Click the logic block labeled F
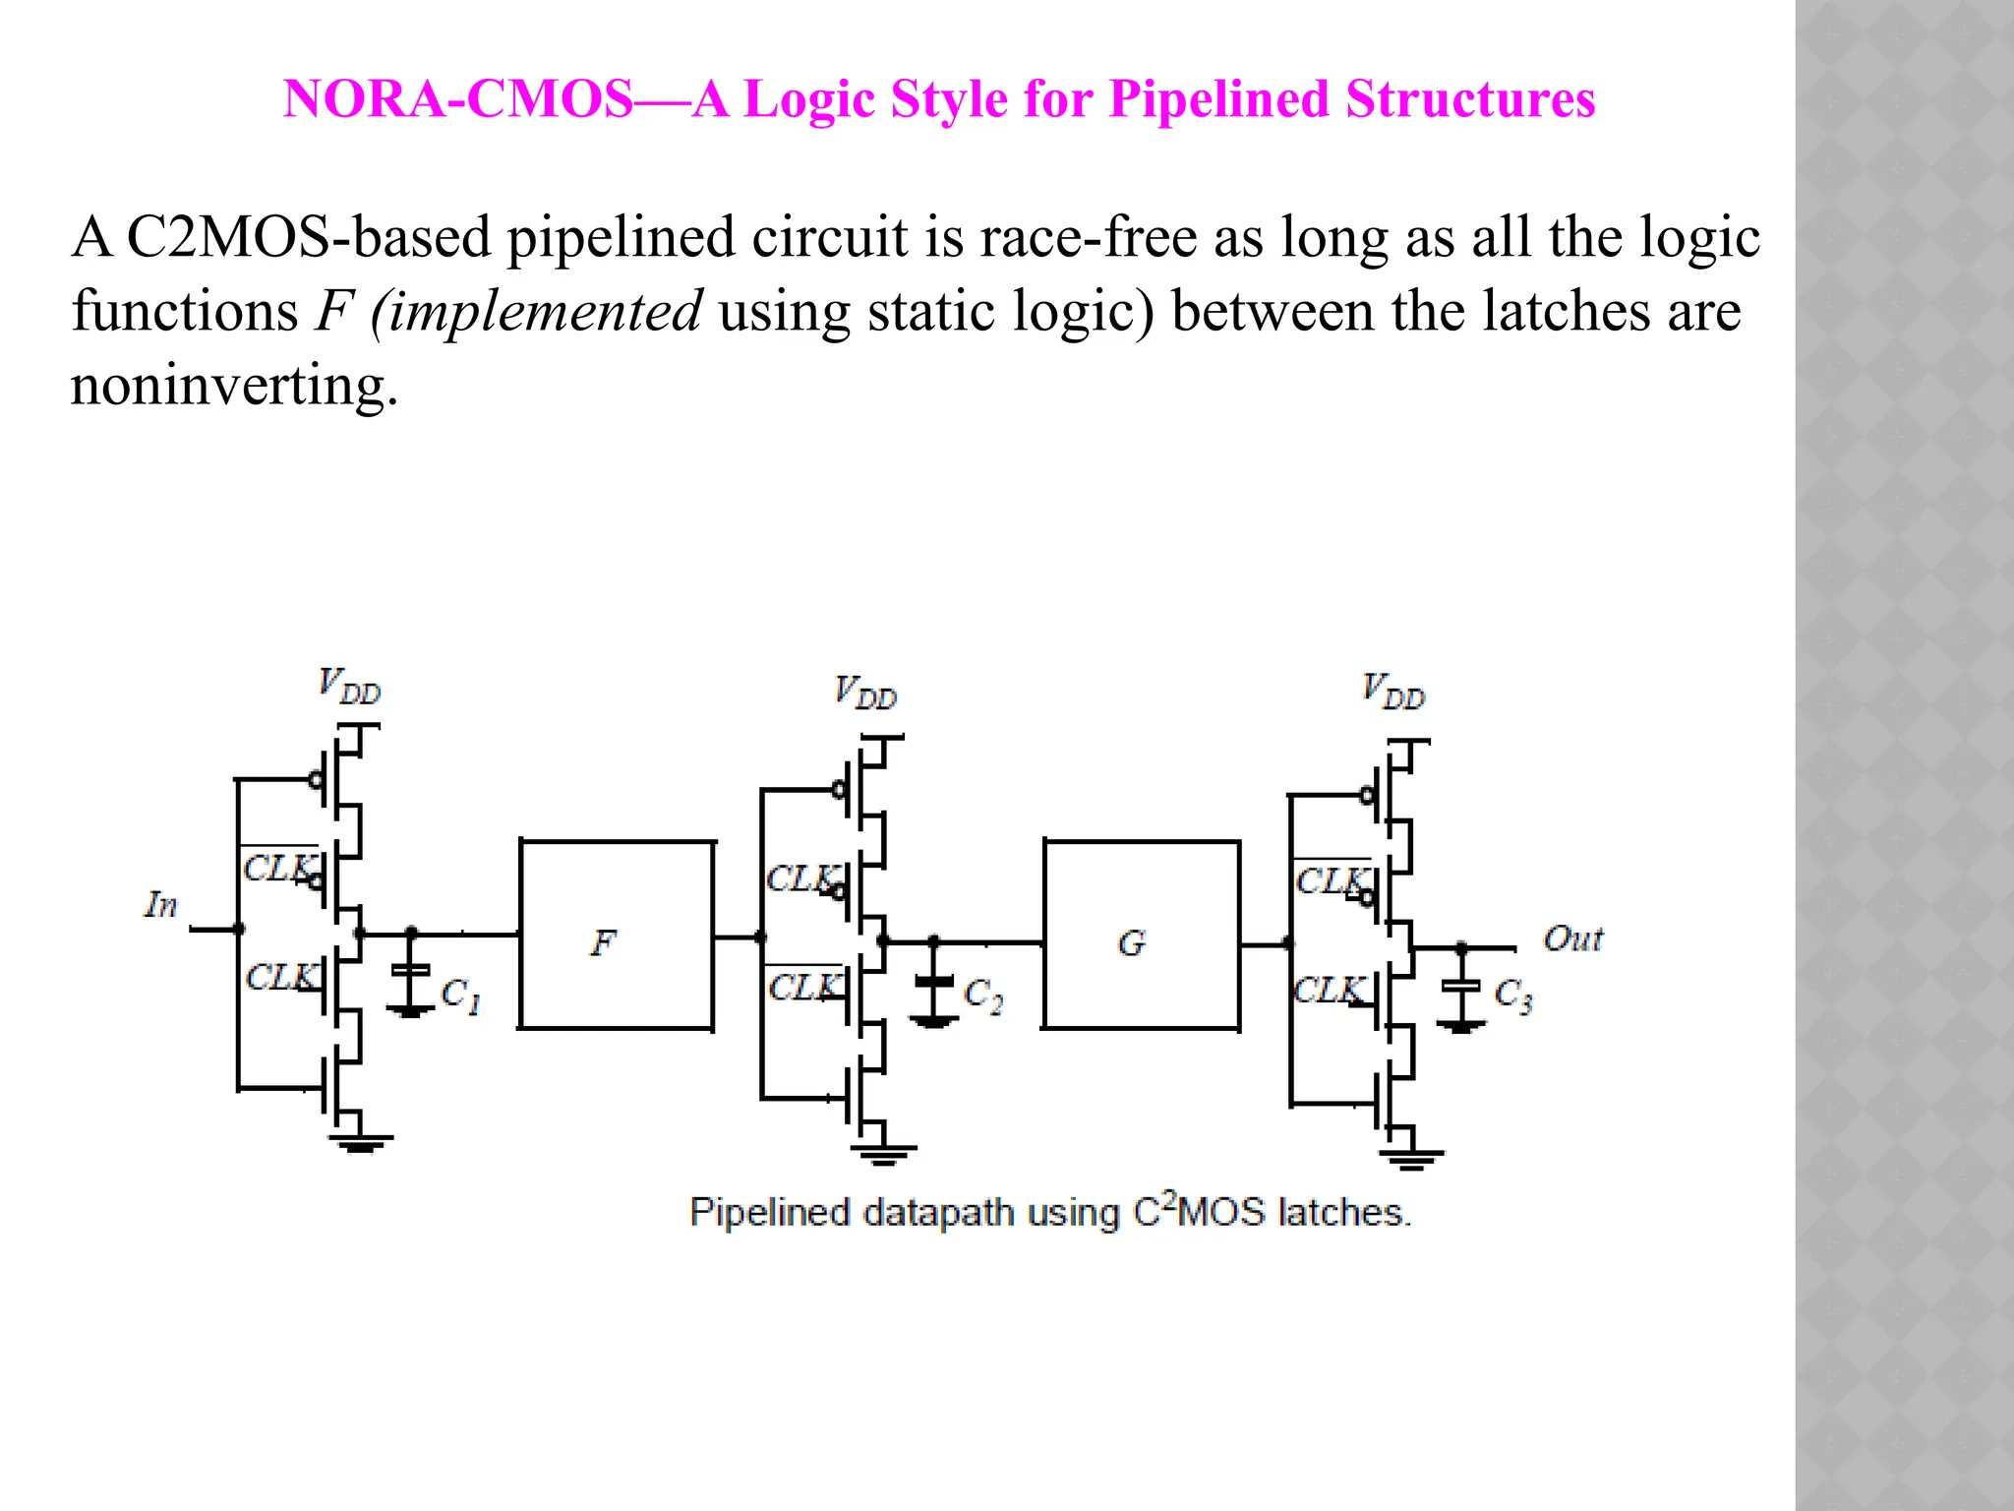[616, 935]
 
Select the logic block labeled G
[1141, 935]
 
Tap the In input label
[161, 904]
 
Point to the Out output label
[1572, 938]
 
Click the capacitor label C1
[460, 996]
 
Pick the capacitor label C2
[982, 996]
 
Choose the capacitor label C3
[1512, 996]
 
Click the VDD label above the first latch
[349, 686]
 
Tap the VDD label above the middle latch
[865, 693]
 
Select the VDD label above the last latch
[1393, 692]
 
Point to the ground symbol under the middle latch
[882, 1153]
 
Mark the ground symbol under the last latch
[1410, 1158]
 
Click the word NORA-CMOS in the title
[457, 99]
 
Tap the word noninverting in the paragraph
[234, 385]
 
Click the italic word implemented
[537, 311]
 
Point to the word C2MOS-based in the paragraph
[309, 237]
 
